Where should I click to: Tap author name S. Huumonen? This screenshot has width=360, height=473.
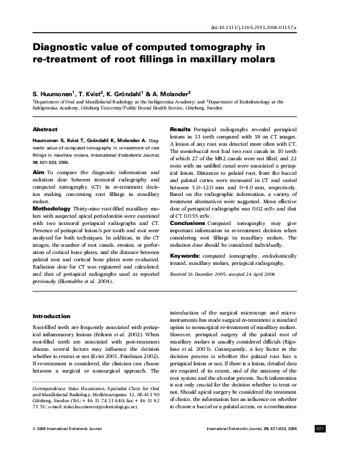(53, 94)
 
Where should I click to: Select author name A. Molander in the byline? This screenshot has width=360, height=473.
(171, 94)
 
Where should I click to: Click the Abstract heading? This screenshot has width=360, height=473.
(45, 129)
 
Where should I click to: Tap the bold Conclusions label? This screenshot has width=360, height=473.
(188, 223)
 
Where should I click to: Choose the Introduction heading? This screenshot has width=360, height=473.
(51, 316)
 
